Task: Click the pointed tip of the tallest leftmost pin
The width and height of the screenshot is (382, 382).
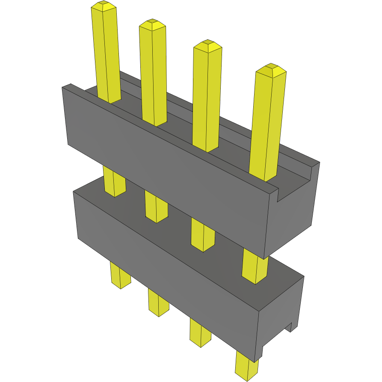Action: click(x=104, y=6)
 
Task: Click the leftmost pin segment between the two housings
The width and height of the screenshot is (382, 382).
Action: click(x=114, y=182)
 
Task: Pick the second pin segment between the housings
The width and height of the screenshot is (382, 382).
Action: click(x=156, y=207)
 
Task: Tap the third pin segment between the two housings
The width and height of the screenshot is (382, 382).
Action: click(x=202, y=235)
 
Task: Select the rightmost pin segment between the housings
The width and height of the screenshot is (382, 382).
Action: click(x=255, y=267)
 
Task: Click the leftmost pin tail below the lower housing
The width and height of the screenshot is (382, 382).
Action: click(x=120, y=275)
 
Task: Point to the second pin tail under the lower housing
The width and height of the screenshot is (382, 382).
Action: click(x=158, y=302)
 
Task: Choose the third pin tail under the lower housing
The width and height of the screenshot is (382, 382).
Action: click(x=200, y=331)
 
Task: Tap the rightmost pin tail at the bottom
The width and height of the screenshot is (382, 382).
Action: click(x=246, y=366)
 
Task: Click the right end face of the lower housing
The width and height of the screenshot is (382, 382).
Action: click(x=280, y=314)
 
